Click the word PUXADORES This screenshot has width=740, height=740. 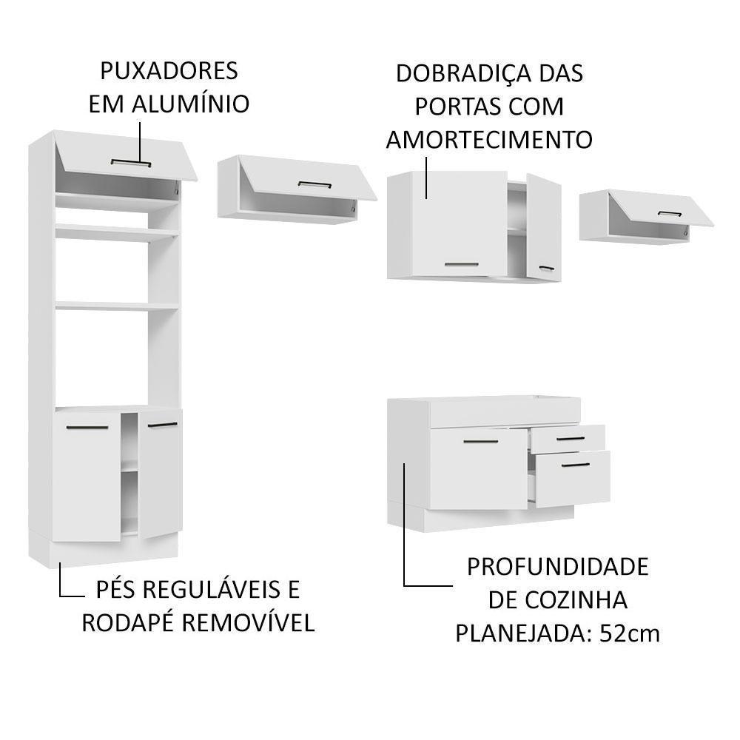click(169, 71)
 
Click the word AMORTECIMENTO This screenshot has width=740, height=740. click(489, 139)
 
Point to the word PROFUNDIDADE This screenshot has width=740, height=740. click(557, 567)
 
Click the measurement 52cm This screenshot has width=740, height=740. click(629, 633)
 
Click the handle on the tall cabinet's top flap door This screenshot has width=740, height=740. click(131, 162)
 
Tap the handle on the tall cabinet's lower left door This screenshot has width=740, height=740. click(78, 428)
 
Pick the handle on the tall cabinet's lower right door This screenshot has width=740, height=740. click(162, 425)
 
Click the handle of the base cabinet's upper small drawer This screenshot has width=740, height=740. click(571, 440)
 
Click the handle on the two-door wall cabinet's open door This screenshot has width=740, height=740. click(546, 268)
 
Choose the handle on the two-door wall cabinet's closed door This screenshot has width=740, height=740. click(461, 263)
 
